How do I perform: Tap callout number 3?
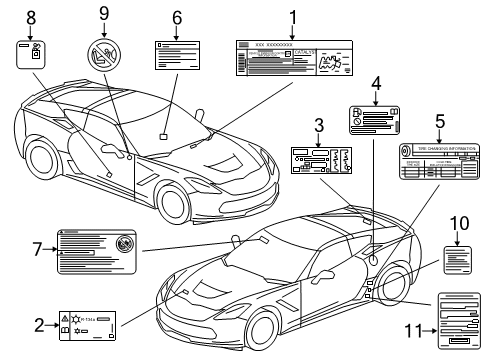tap(318, 126)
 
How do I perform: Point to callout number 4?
tap(376, 84)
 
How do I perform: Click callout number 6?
tap(177, 17)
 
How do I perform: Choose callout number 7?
tap(39, 249)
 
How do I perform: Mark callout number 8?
tap(30, 16)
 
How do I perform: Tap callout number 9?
tap(103, 13)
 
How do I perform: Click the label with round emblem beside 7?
tap(97, 249)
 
